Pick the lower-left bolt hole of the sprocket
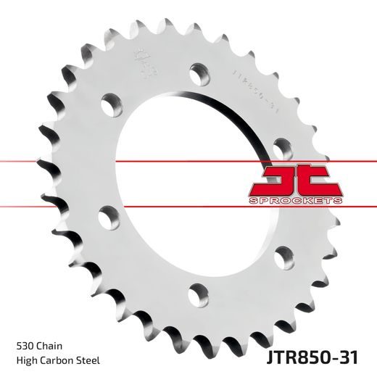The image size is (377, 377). pos(109,215)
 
